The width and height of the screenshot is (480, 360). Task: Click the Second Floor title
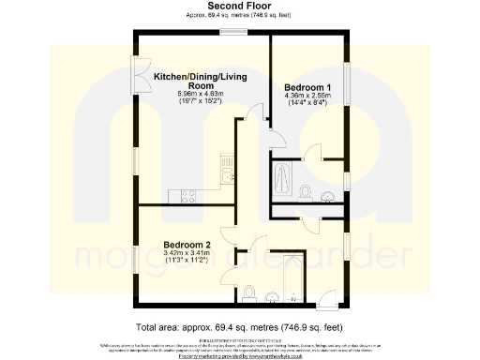tap(240, 6)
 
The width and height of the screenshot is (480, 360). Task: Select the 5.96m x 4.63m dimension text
tap(194, 95)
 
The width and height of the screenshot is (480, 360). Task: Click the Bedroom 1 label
tap(307, 86)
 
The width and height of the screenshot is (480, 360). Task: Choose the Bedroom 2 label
tap(187, 245)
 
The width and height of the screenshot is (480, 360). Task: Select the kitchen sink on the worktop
tap(225, 174)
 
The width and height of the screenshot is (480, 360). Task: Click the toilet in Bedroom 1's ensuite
tap(307, 190)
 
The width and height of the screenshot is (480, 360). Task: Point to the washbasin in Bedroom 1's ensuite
tap(324, 196)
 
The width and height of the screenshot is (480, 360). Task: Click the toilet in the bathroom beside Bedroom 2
tap(248, 297)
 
